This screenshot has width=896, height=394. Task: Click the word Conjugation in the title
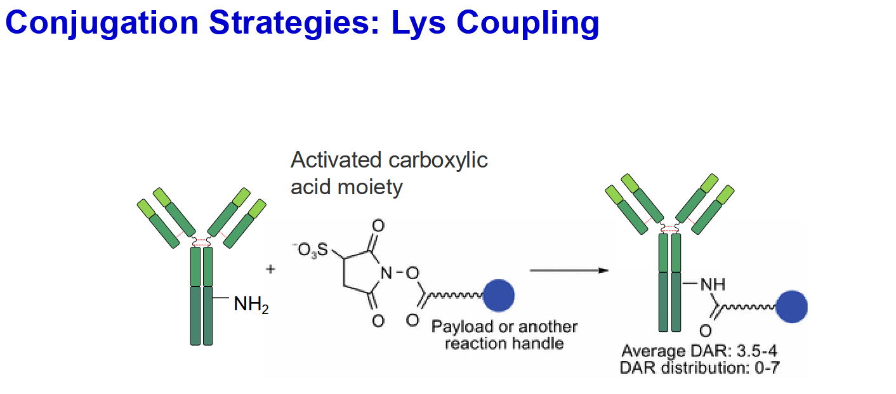click(102, 23)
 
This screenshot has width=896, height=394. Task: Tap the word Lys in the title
click(418, 23)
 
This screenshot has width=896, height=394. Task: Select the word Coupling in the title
click(527, 23)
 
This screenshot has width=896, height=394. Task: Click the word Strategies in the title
click(294, 23)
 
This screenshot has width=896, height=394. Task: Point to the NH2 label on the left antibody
click(251, 304)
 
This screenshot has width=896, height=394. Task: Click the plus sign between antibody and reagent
click(271, 269)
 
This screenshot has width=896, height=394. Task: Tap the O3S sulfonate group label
click(310, 251)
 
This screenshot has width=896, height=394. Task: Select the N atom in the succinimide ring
click(386, 273)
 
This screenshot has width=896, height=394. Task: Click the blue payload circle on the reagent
click(498, 296)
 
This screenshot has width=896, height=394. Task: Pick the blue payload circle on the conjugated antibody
click(791, 307)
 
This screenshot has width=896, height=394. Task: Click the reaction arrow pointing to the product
click(569, 270)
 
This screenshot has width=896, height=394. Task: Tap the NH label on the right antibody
click(713, 285)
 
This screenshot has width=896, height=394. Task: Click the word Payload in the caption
click(463, 327)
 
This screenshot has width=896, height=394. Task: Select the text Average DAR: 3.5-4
click(699, 351)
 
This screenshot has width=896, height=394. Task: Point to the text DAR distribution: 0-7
click(699, 368)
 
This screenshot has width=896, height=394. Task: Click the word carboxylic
click(438, 161)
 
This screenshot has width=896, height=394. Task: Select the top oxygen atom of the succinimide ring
click(378, 226)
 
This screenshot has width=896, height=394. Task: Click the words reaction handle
click(504, 344)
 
